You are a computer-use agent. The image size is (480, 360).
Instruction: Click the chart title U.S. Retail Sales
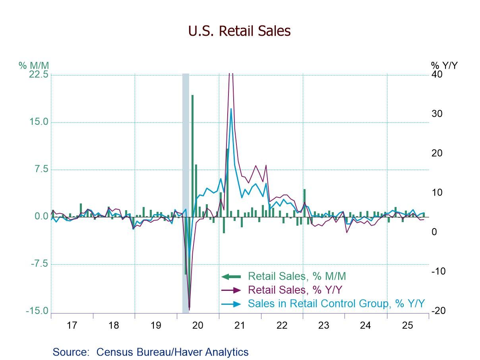pos(240,31)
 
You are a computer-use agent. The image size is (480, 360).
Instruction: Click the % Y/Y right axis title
pos(444,65)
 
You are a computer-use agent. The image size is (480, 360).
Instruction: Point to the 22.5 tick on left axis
pos(39,75)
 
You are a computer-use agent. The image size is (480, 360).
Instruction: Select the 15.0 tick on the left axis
pos(39,122)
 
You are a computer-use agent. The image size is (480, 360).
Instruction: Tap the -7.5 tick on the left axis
pos(39,264)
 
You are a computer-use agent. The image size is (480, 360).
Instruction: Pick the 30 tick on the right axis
pos(437,114)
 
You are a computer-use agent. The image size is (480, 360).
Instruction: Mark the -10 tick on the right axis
pos(438,271)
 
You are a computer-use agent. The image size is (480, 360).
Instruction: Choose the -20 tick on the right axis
pos(438,311)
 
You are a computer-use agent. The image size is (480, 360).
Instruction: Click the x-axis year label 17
pos(72,325)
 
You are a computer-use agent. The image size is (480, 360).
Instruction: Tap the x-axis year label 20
pos(197,325)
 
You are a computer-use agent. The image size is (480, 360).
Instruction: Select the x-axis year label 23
pos(323,325)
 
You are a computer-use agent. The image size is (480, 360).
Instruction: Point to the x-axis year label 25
pos(407,325)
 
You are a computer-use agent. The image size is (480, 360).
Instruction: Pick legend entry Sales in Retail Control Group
pos(336,303)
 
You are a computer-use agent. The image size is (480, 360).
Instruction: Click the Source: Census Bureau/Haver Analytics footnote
pos(150,352)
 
